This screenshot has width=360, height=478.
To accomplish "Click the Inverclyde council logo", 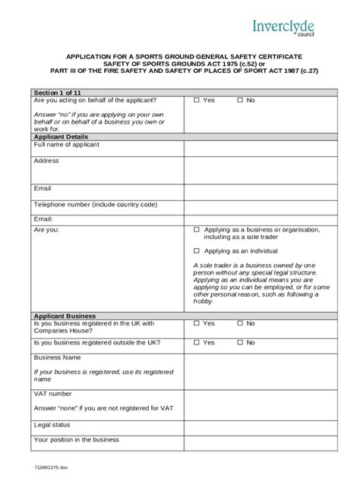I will pyautogui.click(x=283, y=29).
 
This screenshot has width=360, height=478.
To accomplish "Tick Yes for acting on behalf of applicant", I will pyautogui.click(x=197, y=100).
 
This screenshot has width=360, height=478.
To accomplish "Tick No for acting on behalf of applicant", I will pyautogui.click(x=239, y=100).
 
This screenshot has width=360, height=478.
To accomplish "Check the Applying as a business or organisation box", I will pyautogui.click(x=197, y=229).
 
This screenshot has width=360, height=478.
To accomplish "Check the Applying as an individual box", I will pyautogui.click(x=197, y=250).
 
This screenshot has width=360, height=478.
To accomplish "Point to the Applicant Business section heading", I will pyautogui.click(x=65, y=315).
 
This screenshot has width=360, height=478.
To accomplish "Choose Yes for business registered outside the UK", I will pyautogui.click(x=197, y=343).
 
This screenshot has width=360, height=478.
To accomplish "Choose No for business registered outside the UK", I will pyautogui.click(x=239, y=343).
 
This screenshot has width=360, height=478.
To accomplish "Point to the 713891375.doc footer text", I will pyautogui.click(x=50, y=469).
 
